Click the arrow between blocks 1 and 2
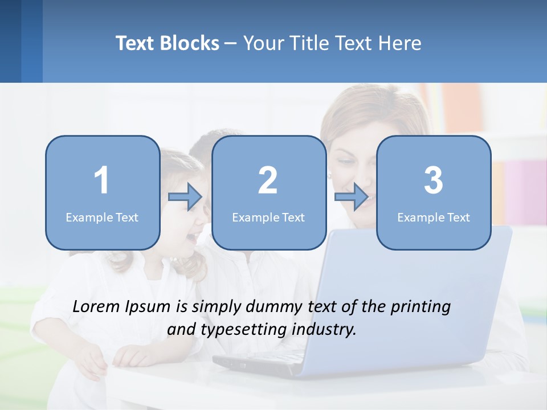coord(185,197)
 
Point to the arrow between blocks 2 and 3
coord(352,197)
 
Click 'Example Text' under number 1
coord(102,217)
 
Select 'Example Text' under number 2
coord(268,217)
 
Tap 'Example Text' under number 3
coord(434,217)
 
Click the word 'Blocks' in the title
coord(189,43)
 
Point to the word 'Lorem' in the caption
coord(96,306)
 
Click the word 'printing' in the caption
coord(421,307)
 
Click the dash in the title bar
coord(231,43)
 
